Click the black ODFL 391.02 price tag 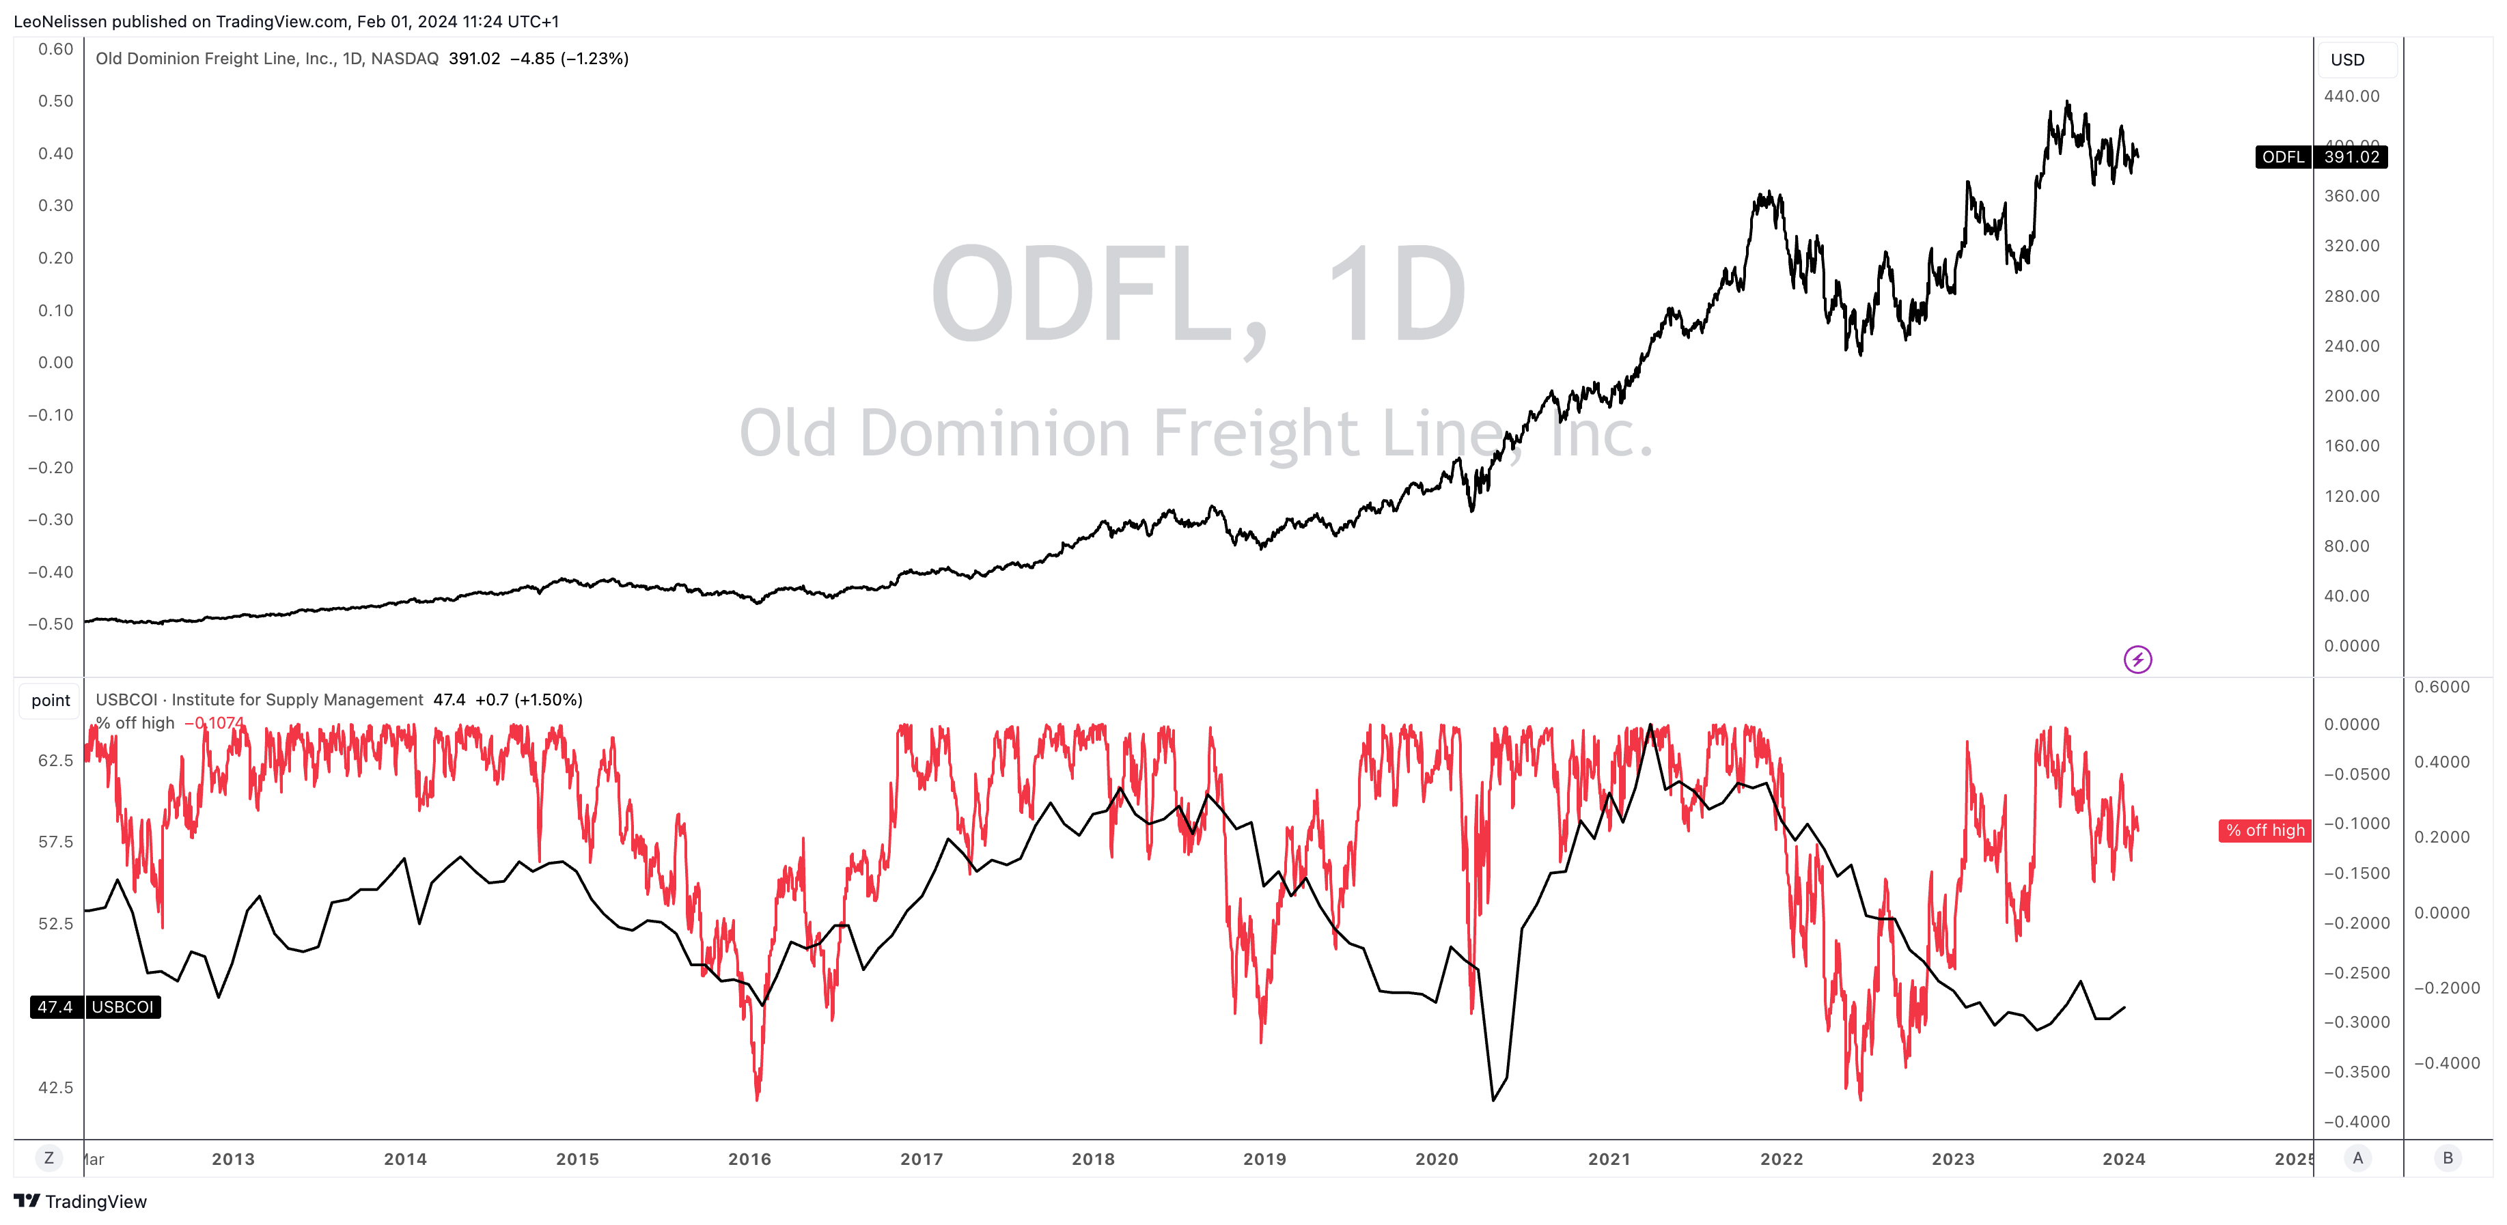(2321, 156)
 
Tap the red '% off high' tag (2264, 830)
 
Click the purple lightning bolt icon (2137, 660)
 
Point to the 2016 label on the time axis (749, 1159)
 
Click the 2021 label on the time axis (1609, 1159)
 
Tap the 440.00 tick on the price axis (2351, 96)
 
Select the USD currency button (2347, 59)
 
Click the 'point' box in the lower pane (51, 701)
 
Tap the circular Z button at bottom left (49, 1158)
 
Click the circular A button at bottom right (2357, 1158)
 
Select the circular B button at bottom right (2448, 1158)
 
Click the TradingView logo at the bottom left (80, 1202)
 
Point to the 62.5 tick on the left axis (55, 761)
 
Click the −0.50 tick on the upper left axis (51, 623)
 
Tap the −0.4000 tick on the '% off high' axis (2356, 1122)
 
